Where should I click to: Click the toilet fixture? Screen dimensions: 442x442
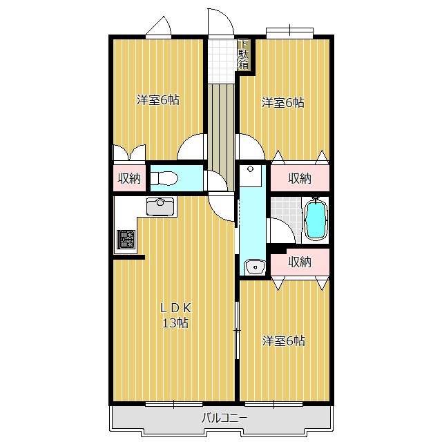164,178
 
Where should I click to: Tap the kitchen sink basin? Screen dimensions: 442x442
160,206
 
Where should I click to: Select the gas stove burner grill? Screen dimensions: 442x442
126,239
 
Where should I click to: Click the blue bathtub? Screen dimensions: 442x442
316,219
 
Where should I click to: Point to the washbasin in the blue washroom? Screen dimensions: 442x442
255,266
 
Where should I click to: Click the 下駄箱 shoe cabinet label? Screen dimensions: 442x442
243,55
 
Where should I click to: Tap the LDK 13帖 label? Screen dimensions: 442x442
175,316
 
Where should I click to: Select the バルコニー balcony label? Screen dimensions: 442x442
224,418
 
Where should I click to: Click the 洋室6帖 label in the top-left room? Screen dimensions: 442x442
158,99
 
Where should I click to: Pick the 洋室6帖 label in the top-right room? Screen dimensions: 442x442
283,103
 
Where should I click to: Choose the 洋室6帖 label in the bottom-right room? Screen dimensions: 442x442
284,340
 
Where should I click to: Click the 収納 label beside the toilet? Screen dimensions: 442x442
129,178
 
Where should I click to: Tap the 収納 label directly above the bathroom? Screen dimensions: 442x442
300,178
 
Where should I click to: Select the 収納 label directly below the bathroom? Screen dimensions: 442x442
300,262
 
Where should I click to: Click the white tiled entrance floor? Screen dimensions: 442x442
222,61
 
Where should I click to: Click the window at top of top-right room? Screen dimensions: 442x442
290,32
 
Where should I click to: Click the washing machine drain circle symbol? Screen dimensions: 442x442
250,169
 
